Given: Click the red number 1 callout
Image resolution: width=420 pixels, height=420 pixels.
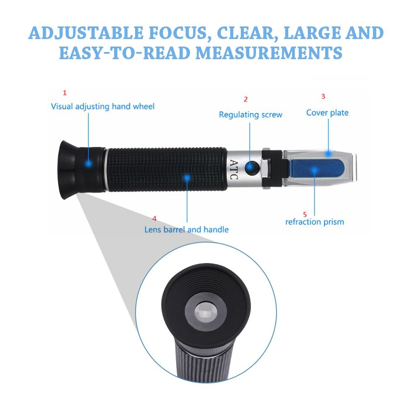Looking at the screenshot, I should [x=64, y=92].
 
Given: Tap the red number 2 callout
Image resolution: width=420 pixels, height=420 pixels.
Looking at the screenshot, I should [x=245, y=99].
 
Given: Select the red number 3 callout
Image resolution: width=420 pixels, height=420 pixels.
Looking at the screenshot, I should [x=323, y=96].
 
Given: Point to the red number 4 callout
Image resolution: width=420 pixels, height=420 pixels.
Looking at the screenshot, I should [x=154, y=219].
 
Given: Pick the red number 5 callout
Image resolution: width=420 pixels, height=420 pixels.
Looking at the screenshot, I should [x=310, y=213].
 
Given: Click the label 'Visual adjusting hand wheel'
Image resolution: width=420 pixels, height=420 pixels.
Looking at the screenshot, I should [x=103, y=107].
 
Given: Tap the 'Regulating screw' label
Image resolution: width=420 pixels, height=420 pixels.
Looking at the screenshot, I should [x=250, y=115].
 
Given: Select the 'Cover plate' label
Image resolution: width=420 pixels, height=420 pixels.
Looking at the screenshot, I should [x=327, y=112].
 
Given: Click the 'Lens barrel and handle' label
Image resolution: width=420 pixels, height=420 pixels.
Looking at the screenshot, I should [x=187, y=230].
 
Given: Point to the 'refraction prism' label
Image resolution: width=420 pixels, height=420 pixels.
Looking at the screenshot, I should [x=315, y=222].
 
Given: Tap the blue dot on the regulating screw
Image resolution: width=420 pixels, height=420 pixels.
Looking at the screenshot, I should [x=251, y=168].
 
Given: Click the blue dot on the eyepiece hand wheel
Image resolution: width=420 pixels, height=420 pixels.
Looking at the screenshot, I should [x=88, y=164].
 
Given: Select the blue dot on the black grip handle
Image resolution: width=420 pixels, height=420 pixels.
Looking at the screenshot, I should [x=187, y=178].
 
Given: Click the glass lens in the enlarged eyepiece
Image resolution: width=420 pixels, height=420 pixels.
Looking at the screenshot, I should [x=206, y=312].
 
